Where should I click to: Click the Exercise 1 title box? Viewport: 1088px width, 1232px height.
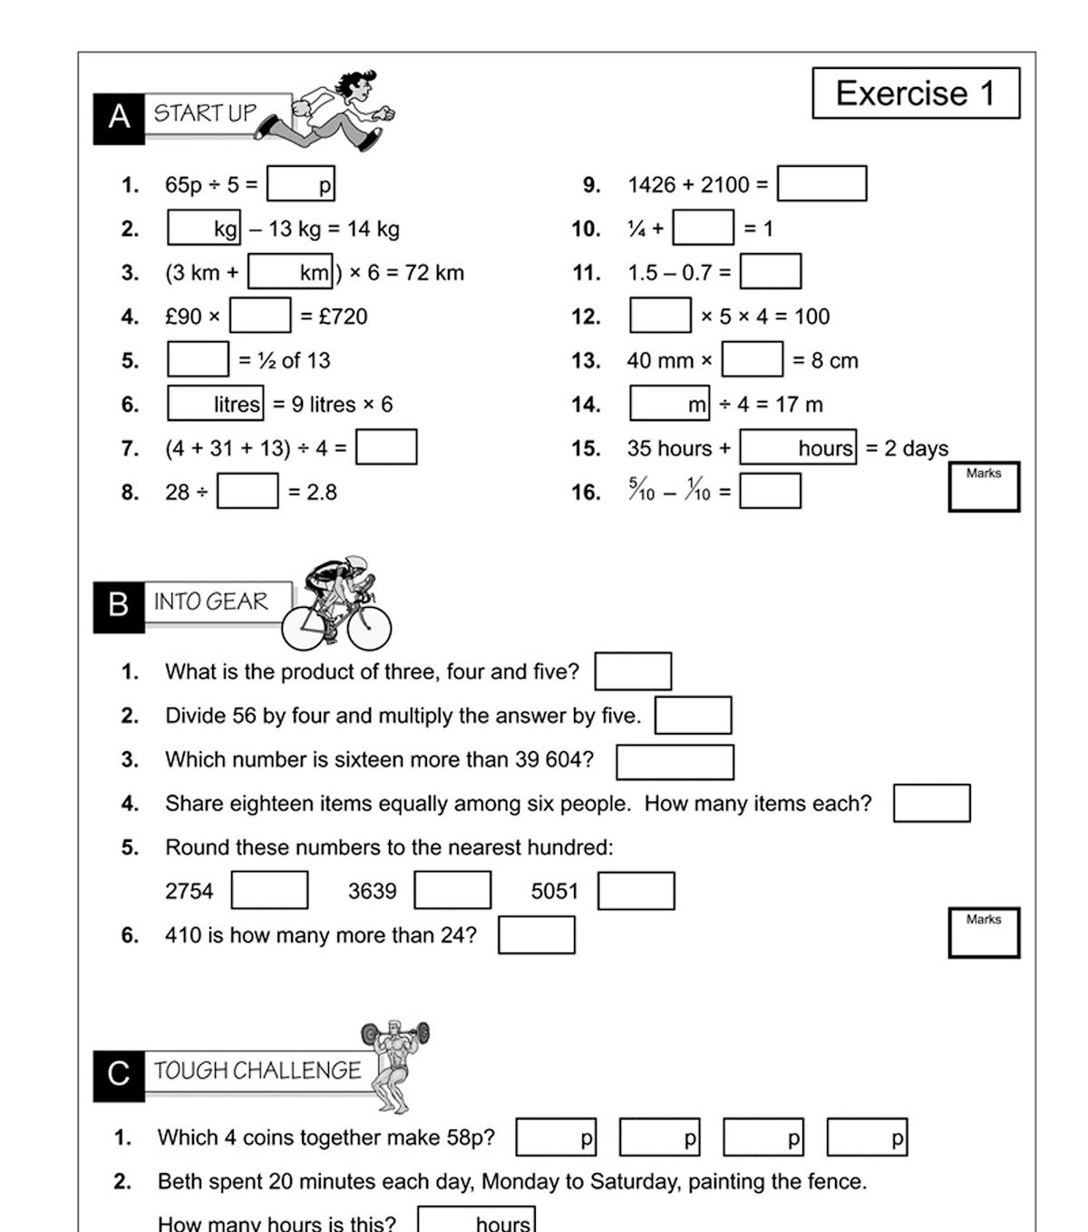click(916, 93)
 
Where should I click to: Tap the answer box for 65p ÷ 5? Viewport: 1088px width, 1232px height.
click(300, 183)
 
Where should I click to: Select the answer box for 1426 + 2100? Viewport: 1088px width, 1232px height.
click(821, 183)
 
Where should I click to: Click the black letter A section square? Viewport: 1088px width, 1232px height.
click(119, 118)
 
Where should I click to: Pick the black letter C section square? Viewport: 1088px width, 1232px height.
click(119, 1074)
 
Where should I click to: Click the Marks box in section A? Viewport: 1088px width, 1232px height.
click(984, 487)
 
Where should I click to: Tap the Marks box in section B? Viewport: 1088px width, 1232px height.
click(984, 933)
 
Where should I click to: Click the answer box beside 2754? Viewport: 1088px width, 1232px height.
click(269, 890)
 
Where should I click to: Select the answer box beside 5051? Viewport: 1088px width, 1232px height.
click(636, 890)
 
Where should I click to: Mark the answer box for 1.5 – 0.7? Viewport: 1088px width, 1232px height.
click(770, 271)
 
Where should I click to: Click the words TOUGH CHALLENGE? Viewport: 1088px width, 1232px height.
click(257, 1071)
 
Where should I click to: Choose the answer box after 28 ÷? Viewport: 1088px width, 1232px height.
click(248, 491)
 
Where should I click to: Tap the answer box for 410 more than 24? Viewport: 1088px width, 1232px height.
click(536, 934)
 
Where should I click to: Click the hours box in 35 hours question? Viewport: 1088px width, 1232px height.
click(797, 447)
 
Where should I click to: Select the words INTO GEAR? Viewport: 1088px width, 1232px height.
click(211, 601)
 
